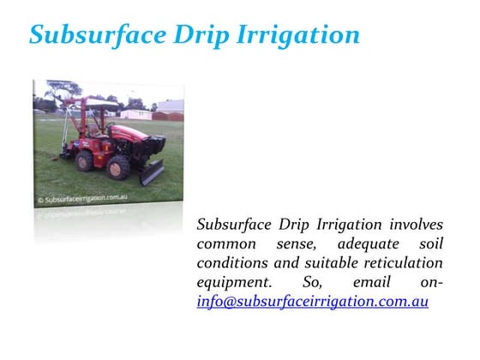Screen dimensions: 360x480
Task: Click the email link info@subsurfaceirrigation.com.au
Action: pos(312,302)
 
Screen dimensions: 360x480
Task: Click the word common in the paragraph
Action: pos(226,244)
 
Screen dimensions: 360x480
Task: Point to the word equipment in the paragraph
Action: pos(233,283)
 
